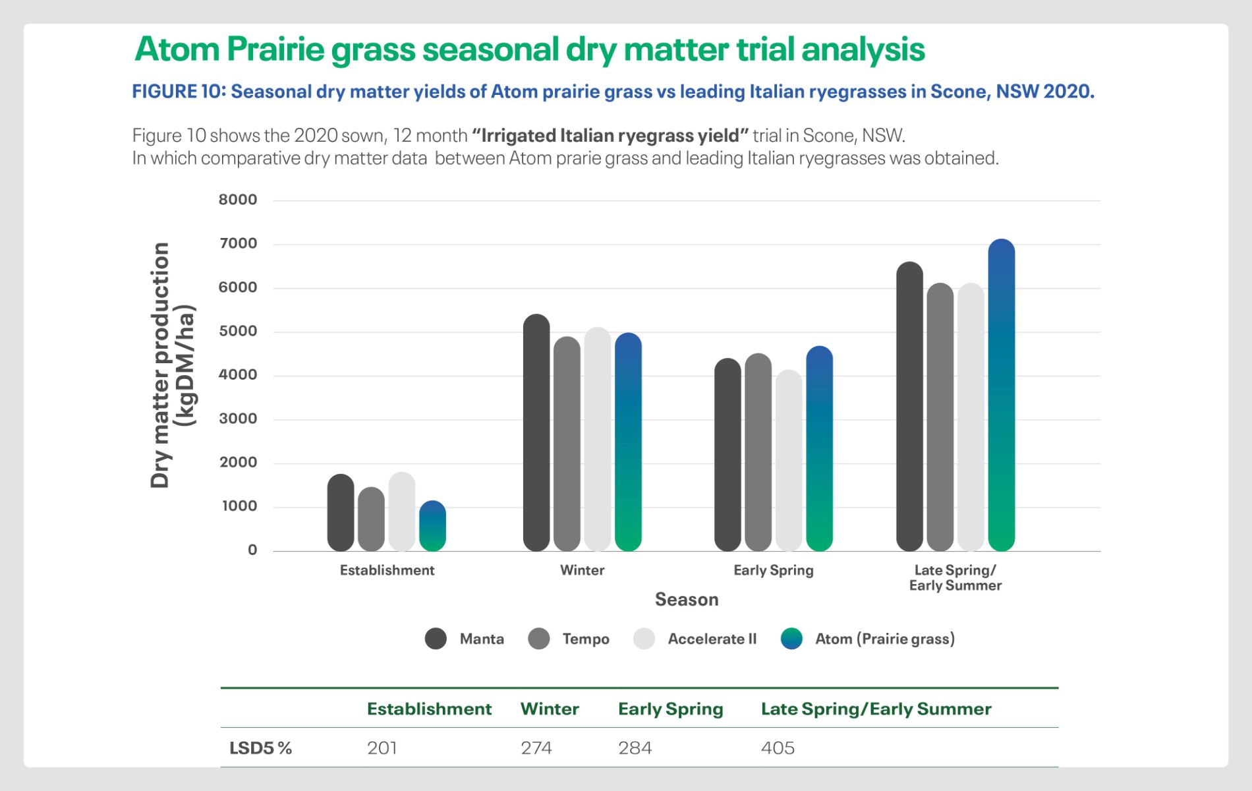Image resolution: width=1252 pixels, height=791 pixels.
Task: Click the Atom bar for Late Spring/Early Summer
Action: [1002, 395]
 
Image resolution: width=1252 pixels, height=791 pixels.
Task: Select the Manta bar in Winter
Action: [536, 432]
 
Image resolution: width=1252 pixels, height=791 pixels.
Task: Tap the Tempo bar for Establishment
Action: [371, 519]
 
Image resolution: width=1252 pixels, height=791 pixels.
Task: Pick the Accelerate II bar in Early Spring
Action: [789, 460]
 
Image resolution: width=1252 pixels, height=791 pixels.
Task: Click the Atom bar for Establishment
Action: [432, 526]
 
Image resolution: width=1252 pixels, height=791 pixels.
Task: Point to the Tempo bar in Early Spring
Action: [758, 452]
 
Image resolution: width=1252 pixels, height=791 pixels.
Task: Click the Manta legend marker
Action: [436, 639]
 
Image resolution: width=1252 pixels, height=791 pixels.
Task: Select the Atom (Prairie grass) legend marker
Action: [791, 639]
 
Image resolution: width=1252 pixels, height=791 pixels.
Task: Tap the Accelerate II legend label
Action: [712, 639]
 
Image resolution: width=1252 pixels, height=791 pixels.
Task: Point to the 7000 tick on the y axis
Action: [238, 243]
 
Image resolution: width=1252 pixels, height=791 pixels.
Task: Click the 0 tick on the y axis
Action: [252, 550]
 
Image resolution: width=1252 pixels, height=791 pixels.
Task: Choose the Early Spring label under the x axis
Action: [774, 570]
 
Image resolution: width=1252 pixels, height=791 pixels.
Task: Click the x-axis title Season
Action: [687, 599]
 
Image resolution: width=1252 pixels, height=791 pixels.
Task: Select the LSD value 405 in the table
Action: [778, 747]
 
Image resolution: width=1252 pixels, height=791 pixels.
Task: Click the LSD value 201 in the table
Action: [382, 747]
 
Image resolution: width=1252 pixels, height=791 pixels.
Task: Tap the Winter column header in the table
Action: [550, 709]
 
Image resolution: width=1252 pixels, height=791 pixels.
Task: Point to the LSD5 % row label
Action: [260, 747]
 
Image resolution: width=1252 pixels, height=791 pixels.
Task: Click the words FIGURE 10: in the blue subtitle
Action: [179, 91]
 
